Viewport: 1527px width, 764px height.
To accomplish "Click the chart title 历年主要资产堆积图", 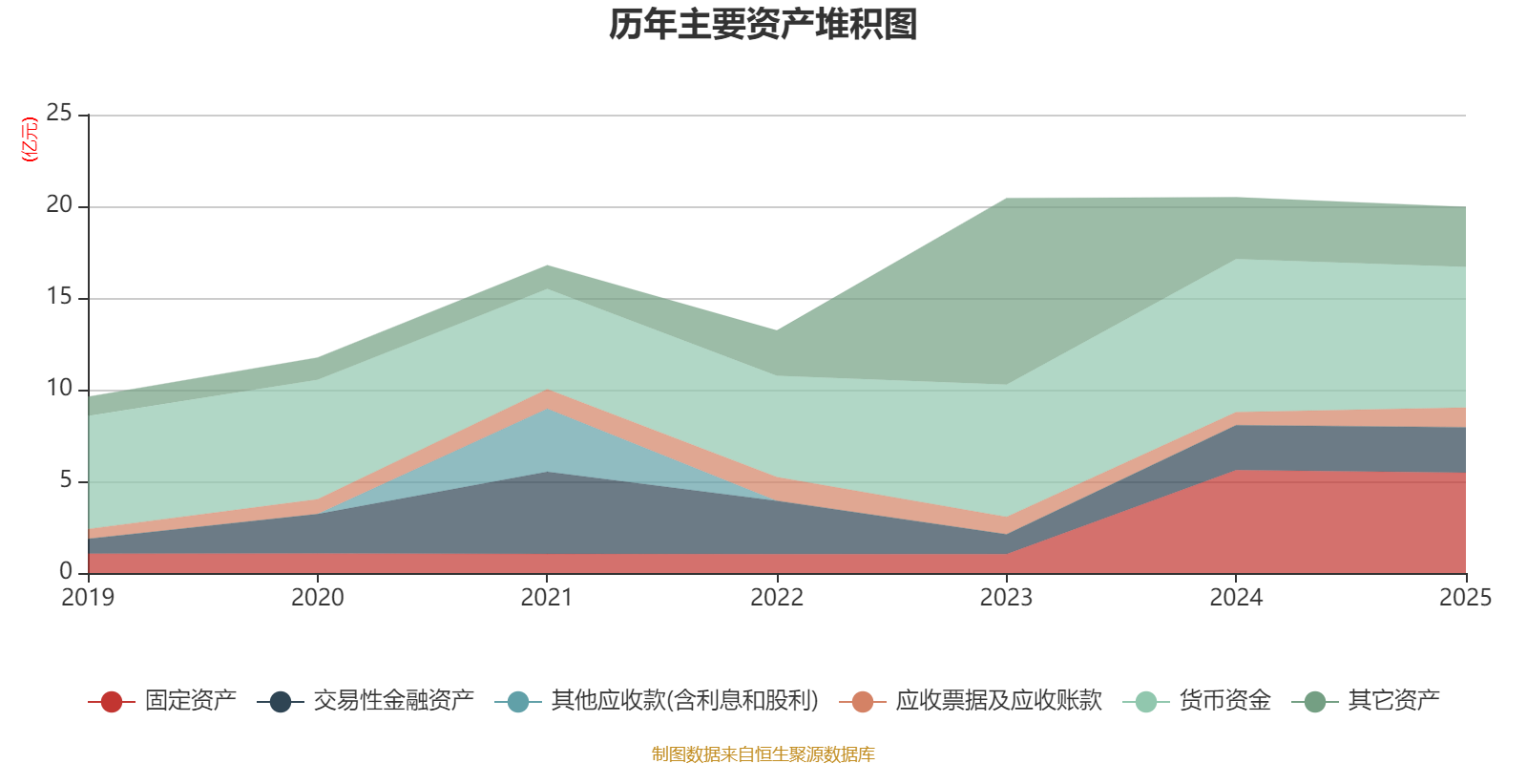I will pos(763,26).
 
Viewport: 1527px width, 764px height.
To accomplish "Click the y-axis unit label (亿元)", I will pos(31,139).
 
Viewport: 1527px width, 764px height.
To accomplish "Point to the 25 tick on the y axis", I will pos(59,114).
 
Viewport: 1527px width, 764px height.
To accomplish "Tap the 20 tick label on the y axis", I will pos(59,205).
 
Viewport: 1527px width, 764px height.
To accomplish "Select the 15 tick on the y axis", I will pos(59,297).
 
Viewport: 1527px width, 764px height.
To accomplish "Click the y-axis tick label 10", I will pos(59,389).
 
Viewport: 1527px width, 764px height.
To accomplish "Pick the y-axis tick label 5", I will pos(66,480).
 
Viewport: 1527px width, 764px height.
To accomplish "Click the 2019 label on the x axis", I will pos(88,598).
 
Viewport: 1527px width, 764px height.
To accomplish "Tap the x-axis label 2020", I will pos(317,598).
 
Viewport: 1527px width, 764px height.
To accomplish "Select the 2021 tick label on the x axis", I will pos(547,598).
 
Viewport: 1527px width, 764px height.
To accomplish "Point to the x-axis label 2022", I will pos(777,598).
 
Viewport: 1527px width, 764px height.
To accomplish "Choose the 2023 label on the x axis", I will pos(1006,598).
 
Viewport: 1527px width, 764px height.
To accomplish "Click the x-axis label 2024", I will pos(1236,598).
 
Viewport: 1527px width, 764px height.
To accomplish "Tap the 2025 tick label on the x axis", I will pos(1465,598).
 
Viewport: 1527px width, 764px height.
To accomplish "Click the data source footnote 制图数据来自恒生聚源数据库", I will pos(763,754).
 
